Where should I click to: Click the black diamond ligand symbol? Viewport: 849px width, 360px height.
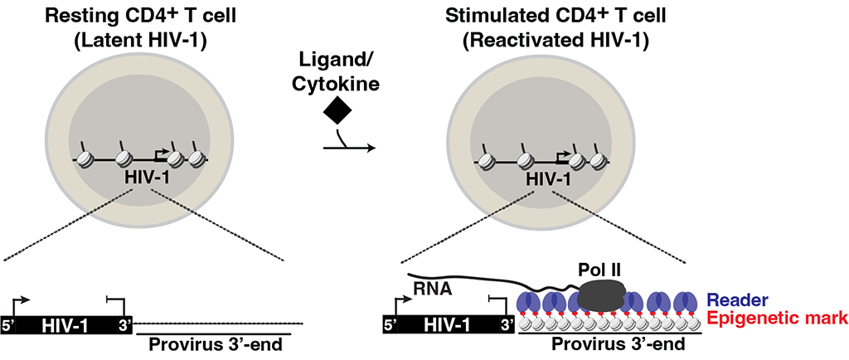pyautogui.click(x=338, y=108)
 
